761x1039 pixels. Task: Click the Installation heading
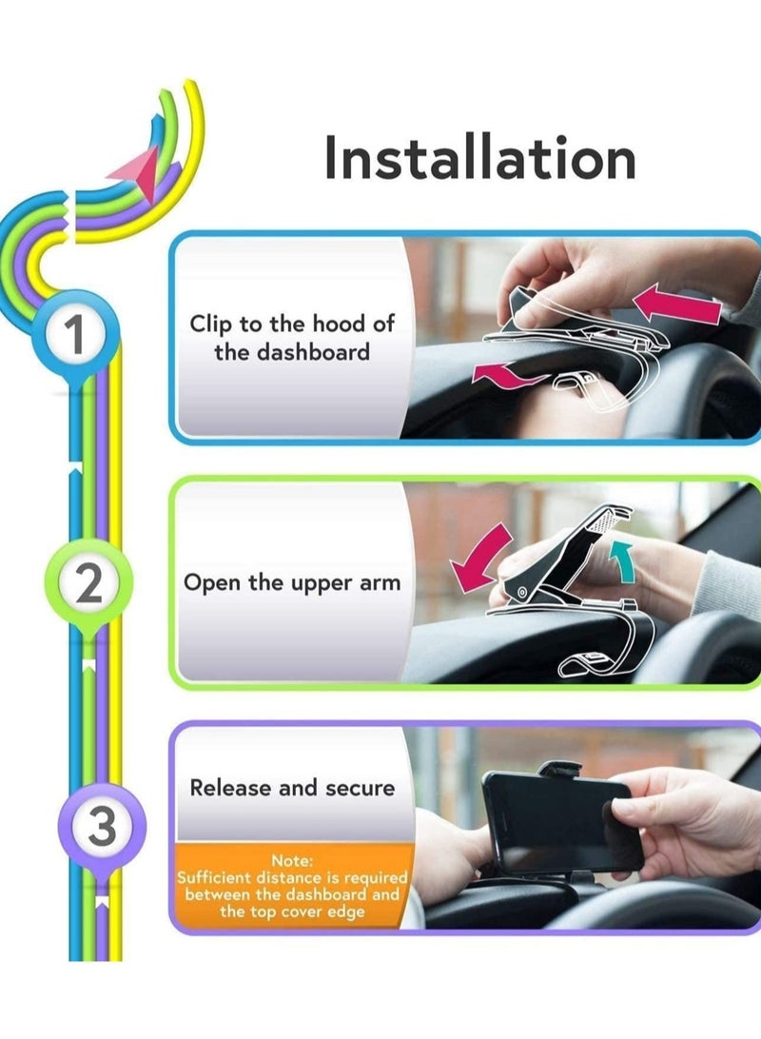(x=479, y=158)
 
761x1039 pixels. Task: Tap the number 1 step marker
(x=75, y=336)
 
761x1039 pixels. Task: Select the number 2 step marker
(x=88, y=583)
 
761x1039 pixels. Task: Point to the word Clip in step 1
(x=211, y=323)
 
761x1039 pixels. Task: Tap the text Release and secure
(x=291, y=788)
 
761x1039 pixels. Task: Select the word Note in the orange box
(x=293, y=861)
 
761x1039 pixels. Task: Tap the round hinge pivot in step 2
(x=522, y=595)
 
